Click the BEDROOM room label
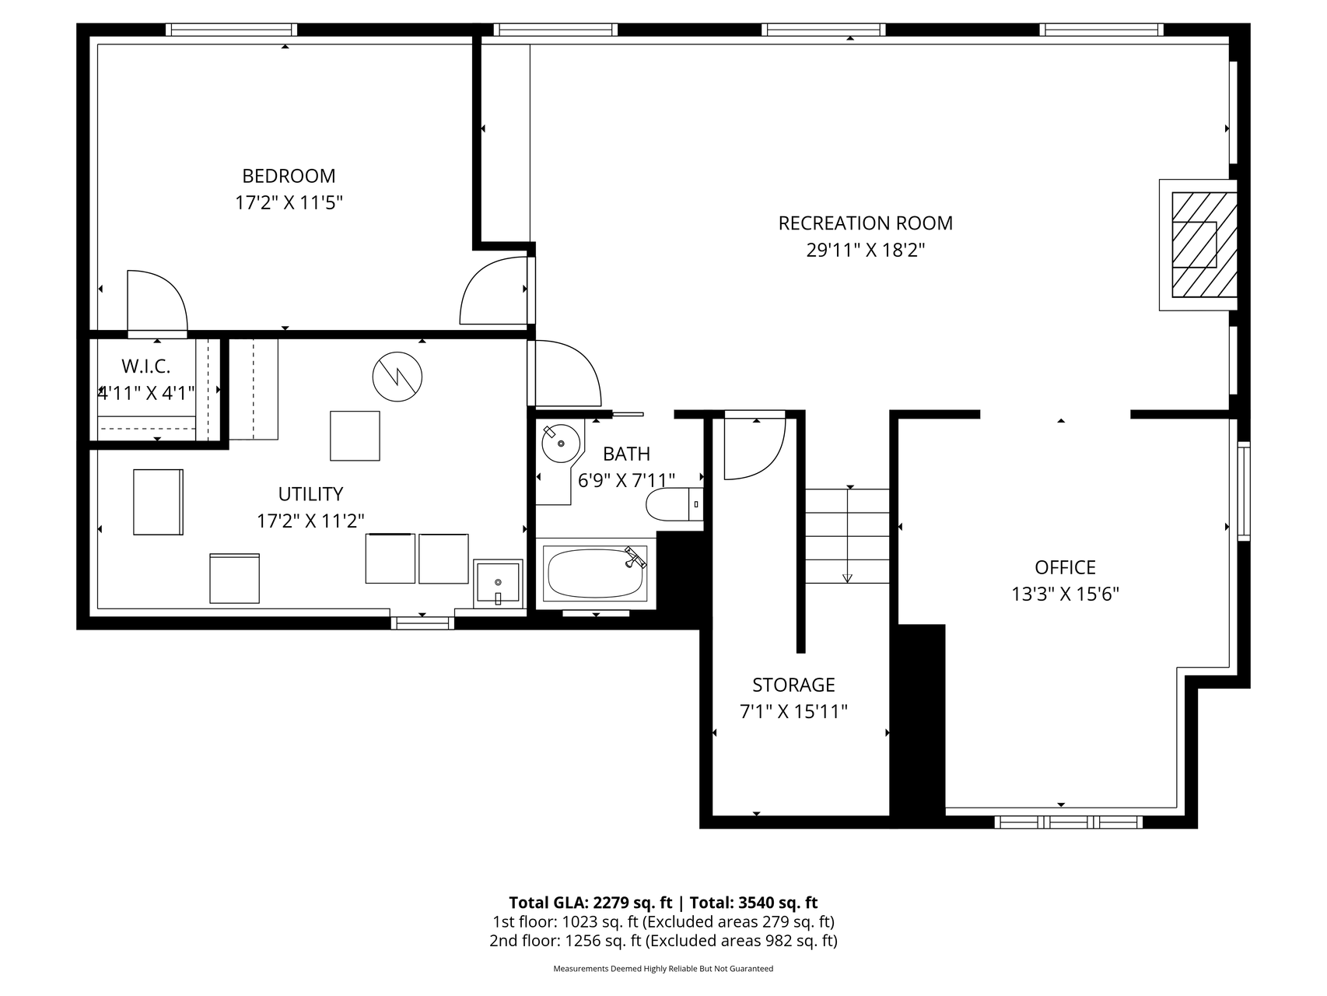tap(289, 176)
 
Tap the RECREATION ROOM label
tap(865, 223)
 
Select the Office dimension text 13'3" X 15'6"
tap(1065, 594)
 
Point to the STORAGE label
tap(793, 685)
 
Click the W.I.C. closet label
tap(145, 366)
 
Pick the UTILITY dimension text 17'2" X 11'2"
tap(310, 521)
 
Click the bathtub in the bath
tap(597, 573)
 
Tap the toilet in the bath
tap(674, 503)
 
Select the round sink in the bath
tap(561, 444)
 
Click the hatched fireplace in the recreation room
tap(1198, 245)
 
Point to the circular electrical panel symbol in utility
tap(397, 377)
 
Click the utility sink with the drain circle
tap(497, 583)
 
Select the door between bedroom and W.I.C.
tap(157, 303)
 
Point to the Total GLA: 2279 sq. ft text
tap(590, 903)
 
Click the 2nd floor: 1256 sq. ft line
tap(663, 941)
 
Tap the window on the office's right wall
tap(1244, 490)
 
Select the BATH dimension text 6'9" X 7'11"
tap(626, 480)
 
